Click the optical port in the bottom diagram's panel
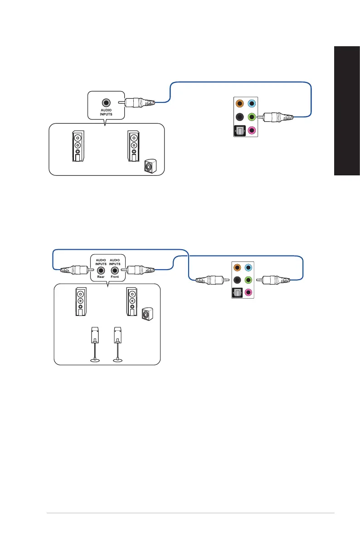237,293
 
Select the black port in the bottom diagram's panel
237,280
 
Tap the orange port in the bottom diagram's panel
237,267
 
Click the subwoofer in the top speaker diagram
150,166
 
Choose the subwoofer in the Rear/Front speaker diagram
147,314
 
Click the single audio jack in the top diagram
107,103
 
